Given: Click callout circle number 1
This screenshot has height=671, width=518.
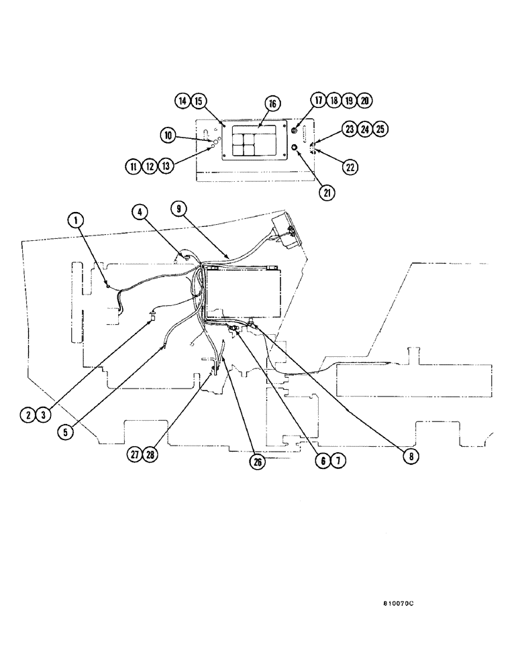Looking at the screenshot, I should [x=76, y=219].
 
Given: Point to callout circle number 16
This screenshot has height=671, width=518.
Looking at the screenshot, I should [x=271, y=104].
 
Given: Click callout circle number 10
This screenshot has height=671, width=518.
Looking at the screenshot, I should [x=167, y=136].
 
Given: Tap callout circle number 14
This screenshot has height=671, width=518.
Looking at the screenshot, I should [x=183, y=101].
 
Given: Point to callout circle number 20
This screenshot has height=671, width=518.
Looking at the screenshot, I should [x=364, y=100].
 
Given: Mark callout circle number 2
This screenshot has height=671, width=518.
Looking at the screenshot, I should [x=28, y=415].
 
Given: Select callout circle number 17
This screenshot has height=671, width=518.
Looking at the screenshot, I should [x=317, y=100].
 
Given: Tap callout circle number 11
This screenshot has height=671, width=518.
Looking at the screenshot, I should [x=133, y=165].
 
